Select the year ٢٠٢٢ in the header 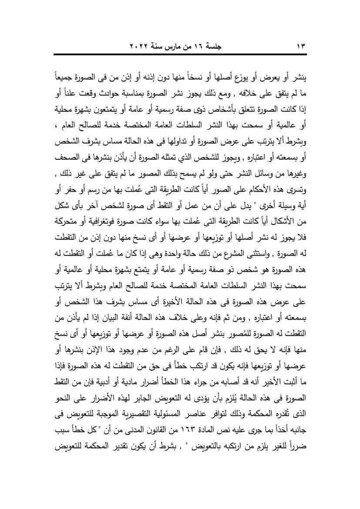141,45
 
